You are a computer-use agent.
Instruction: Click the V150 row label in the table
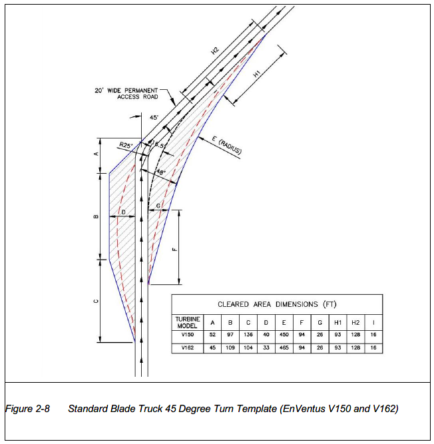pyautogui.click(x=188, y=334)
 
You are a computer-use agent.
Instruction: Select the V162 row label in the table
pyautogui.click(x=188, y=347)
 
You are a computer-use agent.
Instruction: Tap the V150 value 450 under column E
pyautogui.click(x=284, y=334)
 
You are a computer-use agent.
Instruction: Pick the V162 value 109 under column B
pyautogui.click(x=230, y=347)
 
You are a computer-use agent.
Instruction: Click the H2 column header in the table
pyautogui.click(x=355, y=323)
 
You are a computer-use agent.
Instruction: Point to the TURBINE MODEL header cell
pyautogui.click(x=188, y=323)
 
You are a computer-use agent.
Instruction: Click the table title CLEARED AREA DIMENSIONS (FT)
pyautogui.click(x=277, y=304)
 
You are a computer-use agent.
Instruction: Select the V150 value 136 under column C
pyautogui.click(x=248, y=334)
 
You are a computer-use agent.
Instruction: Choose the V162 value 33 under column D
pyautogui.click(x=266, y=347)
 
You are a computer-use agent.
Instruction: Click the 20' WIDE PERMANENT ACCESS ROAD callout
pyautogui.click(x=126, y=93)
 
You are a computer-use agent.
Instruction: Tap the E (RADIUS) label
pyautogui.click(x=227, y=145)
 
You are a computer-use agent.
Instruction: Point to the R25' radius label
pyautogui.click(x=126, y=145)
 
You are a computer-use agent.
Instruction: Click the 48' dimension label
pyautogui.click(x=161, y=172)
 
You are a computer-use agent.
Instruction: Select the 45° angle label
pyautogui.click(x=154, y=118)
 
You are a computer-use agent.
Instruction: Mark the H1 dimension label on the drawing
pyautogui.click(x=256, y=74)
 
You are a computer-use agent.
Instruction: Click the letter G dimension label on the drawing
pyautogui.click(x=158, y=206)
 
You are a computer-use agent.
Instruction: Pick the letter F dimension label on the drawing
pyautogui.click(x=174, y=250)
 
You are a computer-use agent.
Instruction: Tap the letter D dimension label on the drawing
pyautogui.click(x=123, y=212)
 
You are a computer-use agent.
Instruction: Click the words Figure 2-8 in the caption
pyautogui.click(x=27, y=409)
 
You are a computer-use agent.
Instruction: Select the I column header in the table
pyautogui.click(x=373, y=323)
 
